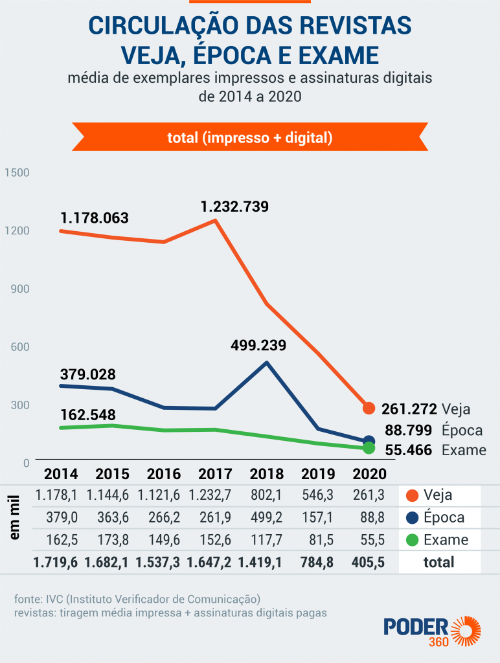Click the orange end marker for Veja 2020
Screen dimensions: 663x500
tap(369, 408)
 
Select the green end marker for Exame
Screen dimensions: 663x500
tap(369, 448)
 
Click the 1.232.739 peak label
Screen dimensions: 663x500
tap(234, 207)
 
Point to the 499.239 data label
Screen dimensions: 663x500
tap(258, 345)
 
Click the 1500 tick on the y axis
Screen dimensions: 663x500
tap(17, 173)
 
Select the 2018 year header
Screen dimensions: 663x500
tap(267, 474)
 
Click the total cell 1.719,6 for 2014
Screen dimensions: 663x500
tap(56, 562)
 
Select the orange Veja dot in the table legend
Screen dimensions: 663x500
tap(411, 496)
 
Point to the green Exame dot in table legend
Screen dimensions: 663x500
tap(411, 540)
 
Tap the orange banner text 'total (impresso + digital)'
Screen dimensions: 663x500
tap(250, 137)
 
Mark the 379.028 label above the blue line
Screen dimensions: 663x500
tap(87, 374)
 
